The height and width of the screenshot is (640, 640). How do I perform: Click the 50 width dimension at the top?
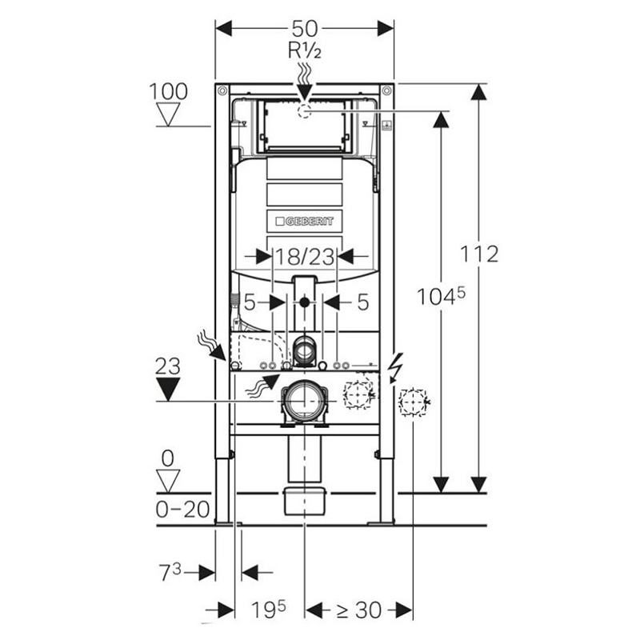pos(305,29)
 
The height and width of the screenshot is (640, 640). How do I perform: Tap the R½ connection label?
pos(305,51)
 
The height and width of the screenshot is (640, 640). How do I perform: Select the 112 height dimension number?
pos(479,254)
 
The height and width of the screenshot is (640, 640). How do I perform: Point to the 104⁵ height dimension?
pos(441,295)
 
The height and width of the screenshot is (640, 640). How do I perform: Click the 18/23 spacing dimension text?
pos(305,258)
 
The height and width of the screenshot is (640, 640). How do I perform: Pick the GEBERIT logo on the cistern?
pos(305,222)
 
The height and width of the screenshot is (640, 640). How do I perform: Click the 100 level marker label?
pos(168,91)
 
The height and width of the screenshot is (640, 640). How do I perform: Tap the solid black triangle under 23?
pos(168,390)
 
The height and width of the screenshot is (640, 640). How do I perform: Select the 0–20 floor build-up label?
pos(183,509)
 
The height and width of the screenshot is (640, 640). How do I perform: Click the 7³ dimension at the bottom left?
pos(170,572)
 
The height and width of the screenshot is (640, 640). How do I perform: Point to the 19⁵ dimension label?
pos(269,610)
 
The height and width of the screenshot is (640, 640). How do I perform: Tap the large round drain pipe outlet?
pos(305,402)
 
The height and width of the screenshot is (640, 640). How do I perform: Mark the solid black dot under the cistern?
pos(305,302)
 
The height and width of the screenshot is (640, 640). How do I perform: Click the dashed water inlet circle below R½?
pos(305,111)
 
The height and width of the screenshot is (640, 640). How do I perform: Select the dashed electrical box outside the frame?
pos(413,402)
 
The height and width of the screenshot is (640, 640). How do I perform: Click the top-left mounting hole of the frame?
pos(222,90)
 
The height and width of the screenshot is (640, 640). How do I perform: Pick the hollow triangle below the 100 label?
pos(168,114)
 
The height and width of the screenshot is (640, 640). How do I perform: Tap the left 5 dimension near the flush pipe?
pos(250,302)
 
